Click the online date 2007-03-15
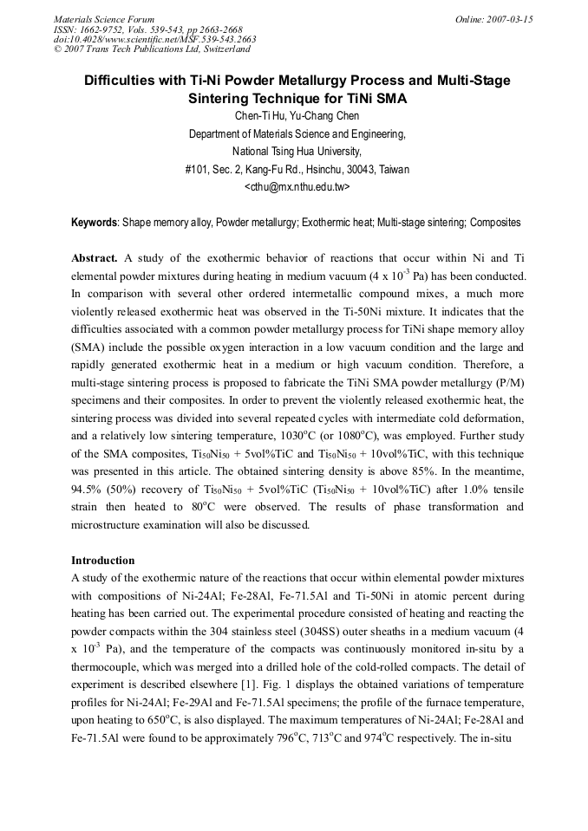[506, 18]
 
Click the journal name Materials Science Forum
[104, 18]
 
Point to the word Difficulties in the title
[121, 81]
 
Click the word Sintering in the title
[220, 99]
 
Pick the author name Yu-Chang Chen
[323, 116]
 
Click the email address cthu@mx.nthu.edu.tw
[297, 186]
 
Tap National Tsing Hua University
[297, 152]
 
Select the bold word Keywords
[95, 223]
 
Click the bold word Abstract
[95, 258]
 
